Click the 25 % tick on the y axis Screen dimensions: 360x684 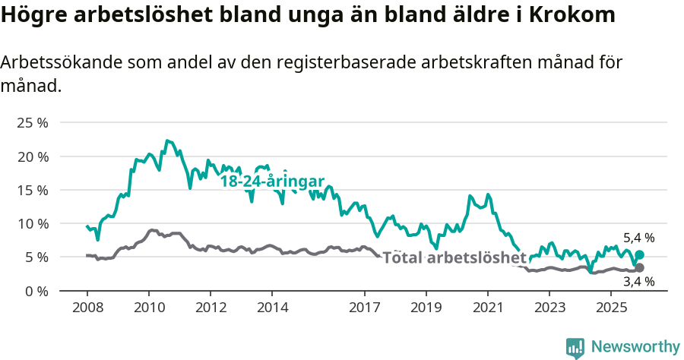pos(33,123)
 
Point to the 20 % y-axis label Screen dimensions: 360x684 pos(33,156)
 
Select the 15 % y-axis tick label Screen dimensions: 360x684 pos(33,190)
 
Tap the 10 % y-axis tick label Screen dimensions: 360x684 pos(33,223)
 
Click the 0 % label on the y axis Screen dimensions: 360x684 pos(36,291)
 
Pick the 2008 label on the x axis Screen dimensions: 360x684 pos(87,308)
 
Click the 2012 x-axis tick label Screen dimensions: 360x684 pos(211,308)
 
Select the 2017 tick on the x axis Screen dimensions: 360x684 pos(364,308)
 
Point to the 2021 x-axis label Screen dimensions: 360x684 pos(487,308)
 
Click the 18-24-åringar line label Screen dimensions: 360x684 pos(272,182)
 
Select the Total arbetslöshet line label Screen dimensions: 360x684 pos(454,257)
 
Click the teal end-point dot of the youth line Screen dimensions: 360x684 pos(639,255)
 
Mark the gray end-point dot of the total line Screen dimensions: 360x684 pos(639,268)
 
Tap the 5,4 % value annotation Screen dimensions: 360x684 pos(638,238)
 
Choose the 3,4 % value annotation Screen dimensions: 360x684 pos(638,283)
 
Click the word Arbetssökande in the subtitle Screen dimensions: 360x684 pos(52,63)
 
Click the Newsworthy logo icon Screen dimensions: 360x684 pos(575,347)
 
